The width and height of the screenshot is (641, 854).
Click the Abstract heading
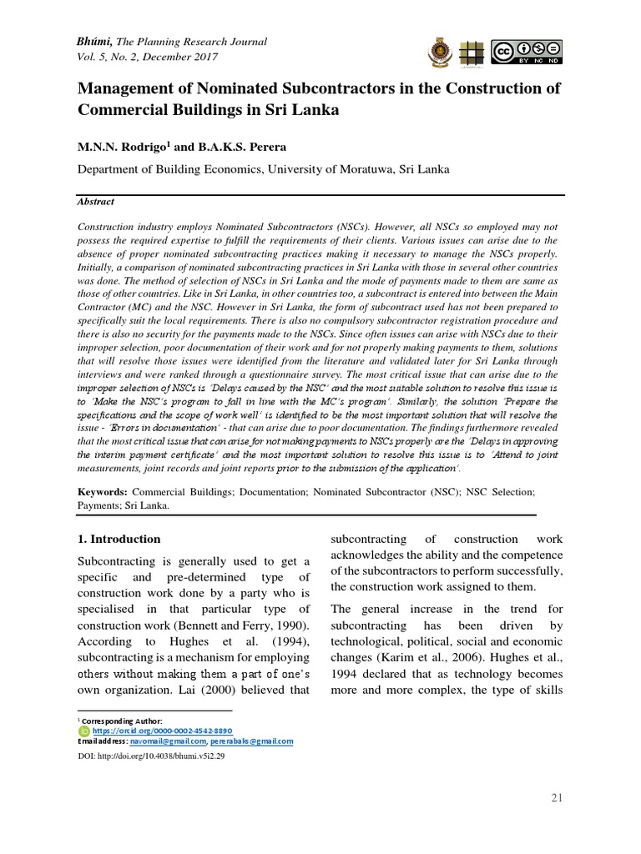click(x=96, y=202)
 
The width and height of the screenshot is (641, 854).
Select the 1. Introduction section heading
click(x=119, y=539)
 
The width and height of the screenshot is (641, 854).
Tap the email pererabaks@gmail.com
click(x=251, y=741)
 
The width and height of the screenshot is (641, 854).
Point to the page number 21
click(x=557, y=798)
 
